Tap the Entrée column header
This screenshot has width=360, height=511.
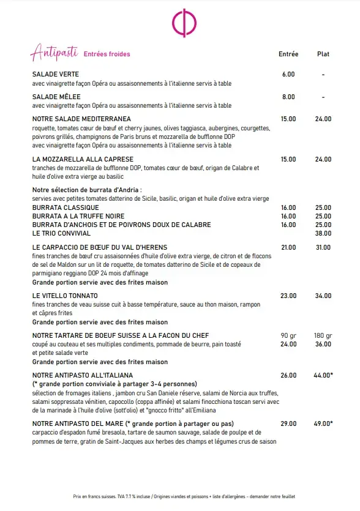288,54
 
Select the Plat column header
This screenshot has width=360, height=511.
323,54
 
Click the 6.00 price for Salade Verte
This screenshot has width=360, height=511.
288,75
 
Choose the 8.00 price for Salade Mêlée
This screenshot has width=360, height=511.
288,97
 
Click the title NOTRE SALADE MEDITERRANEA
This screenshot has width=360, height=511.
81,119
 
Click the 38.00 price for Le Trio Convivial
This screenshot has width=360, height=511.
323,233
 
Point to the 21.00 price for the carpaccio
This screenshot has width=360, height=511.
288,247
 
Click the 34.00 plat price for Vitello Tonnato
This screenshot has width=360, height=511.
323,296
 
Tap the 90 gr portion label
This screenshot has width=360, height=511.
288,335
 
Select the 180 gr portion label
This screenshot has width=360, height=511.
323,335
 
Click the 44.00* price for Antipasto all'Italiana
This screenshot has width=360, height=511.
324,375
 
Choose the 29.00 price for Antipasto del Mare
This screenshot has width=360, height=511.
288,423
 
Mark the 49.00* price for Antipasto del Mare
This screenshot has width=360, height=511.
324,423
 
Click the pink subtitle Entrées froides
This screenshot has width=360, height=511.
107,54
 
